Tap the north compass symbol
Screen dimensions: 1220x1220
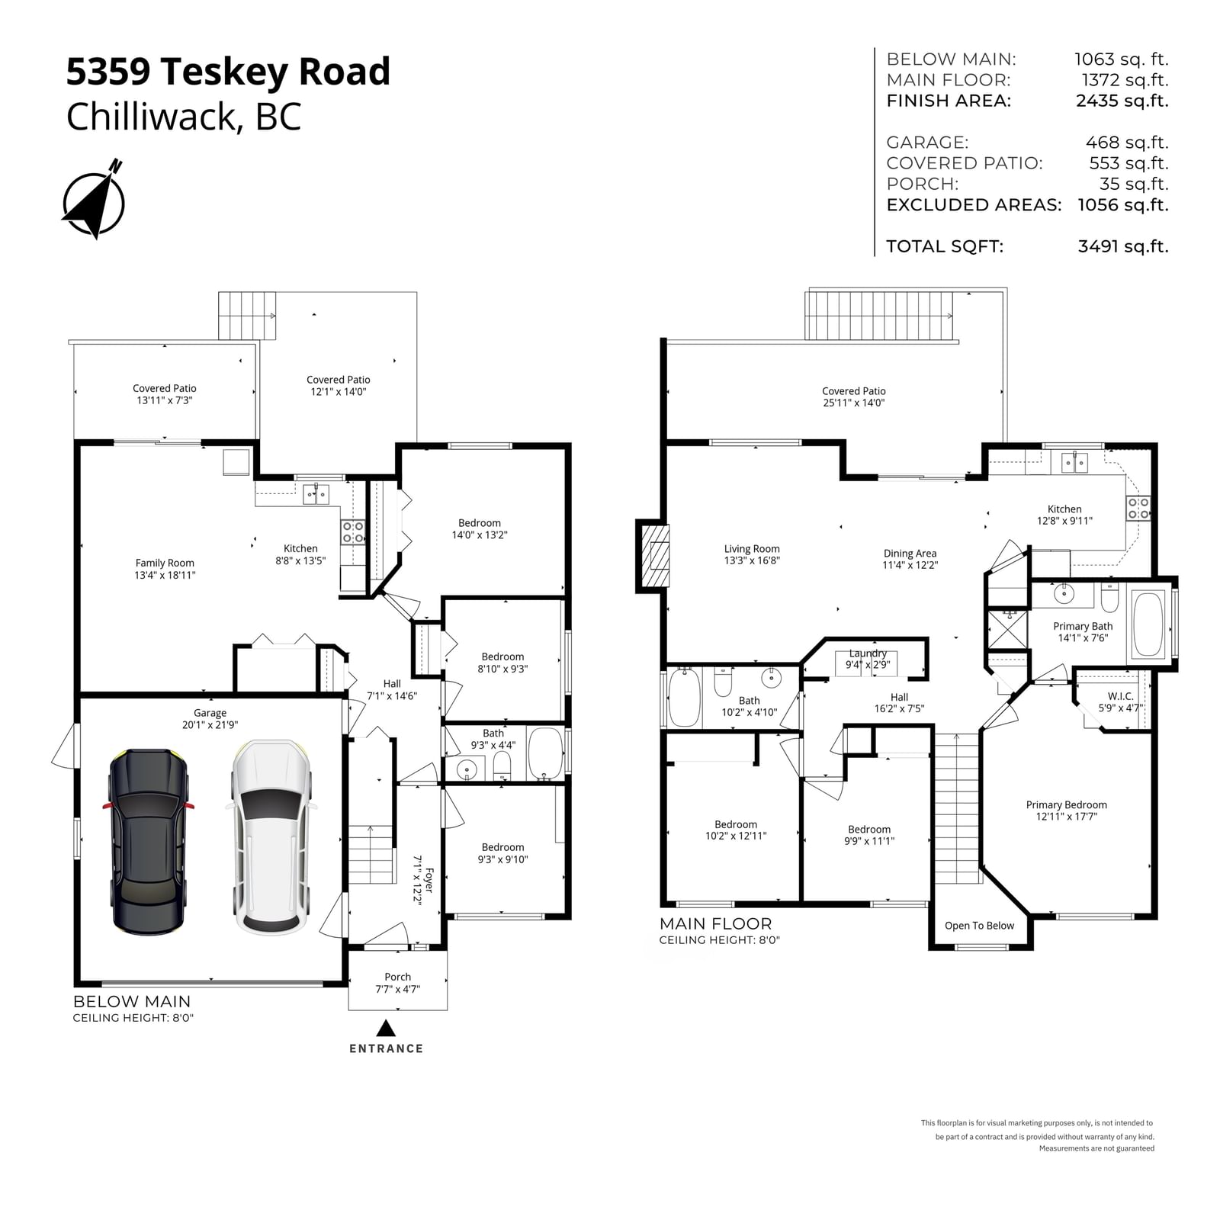tap(94, 200)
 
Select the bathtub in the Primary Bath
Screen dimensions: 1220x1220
tap(1148, 624)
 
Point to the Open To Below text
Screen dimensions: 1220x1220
tap(979, 926)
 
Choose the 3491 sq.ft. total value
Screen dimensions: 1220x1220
tap(1123, 246)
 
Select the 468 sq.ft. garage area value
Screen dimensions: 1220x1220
tap(1127, 143)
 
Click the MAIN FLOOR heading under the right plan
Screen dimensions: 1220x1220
tap(715, 924)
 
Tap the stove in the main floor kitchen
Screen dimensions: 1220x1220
tap(1138, 508)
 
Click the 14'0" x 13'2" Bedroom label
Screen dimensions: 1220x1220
tap(480, 529)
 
